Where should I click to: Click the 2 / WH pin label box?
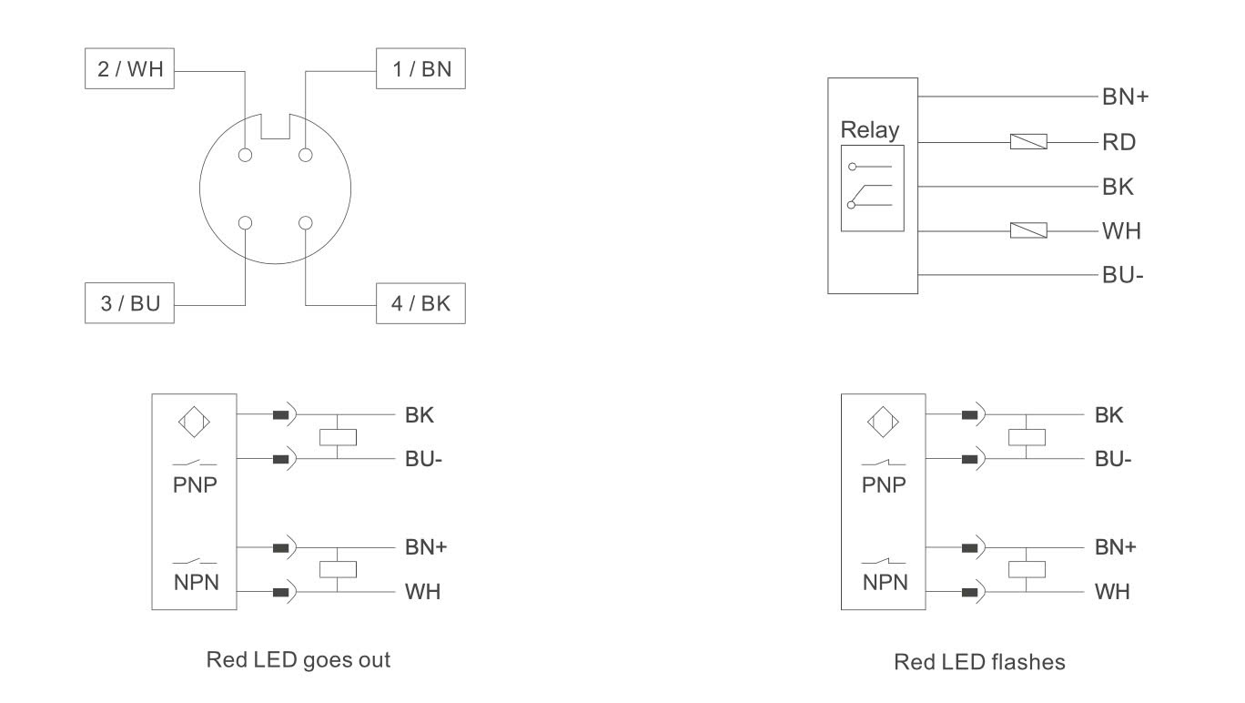coord(129,68)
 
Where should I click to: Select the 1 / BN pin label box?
coord(420,68)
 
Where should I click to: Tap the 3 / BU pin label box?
coord(129,303)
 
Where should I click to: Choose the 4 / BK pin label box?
coord(420,303)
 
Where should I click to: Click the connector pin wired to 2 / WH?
coord(245,155)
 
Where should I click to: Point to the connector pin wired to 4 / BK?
coord(305,223)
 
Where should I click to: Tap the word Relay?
coord(870,130)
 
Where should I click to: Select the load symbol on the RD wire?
coord(1028,142)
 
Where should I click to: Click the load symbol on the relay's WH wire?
coord(1028,230)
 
